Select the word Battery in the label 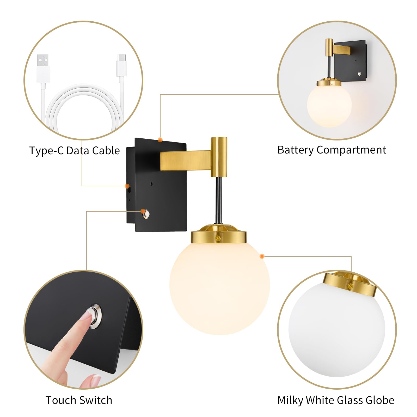(x=296, y=150)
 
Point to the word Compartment (x=351, y=150)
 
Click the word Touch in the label (x=61, y=400)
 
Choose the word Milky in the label (x=290, y=400)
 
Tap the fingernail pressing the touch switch (x=85, y=316)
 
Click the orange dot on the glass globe (x=262, y=256)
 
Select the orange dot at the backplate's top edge (x=160, y=140)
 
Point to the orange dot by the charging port (x=127, y=186)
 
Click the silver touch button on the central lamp (x=146, y=214)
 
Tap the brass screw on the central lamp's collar (x=218, y=238)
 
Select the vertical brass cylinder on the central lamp (x=219, y=156)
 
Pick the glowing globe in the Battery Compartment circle (x=329, y=106)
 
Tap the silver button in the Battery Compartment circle (x=360, y=74)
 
